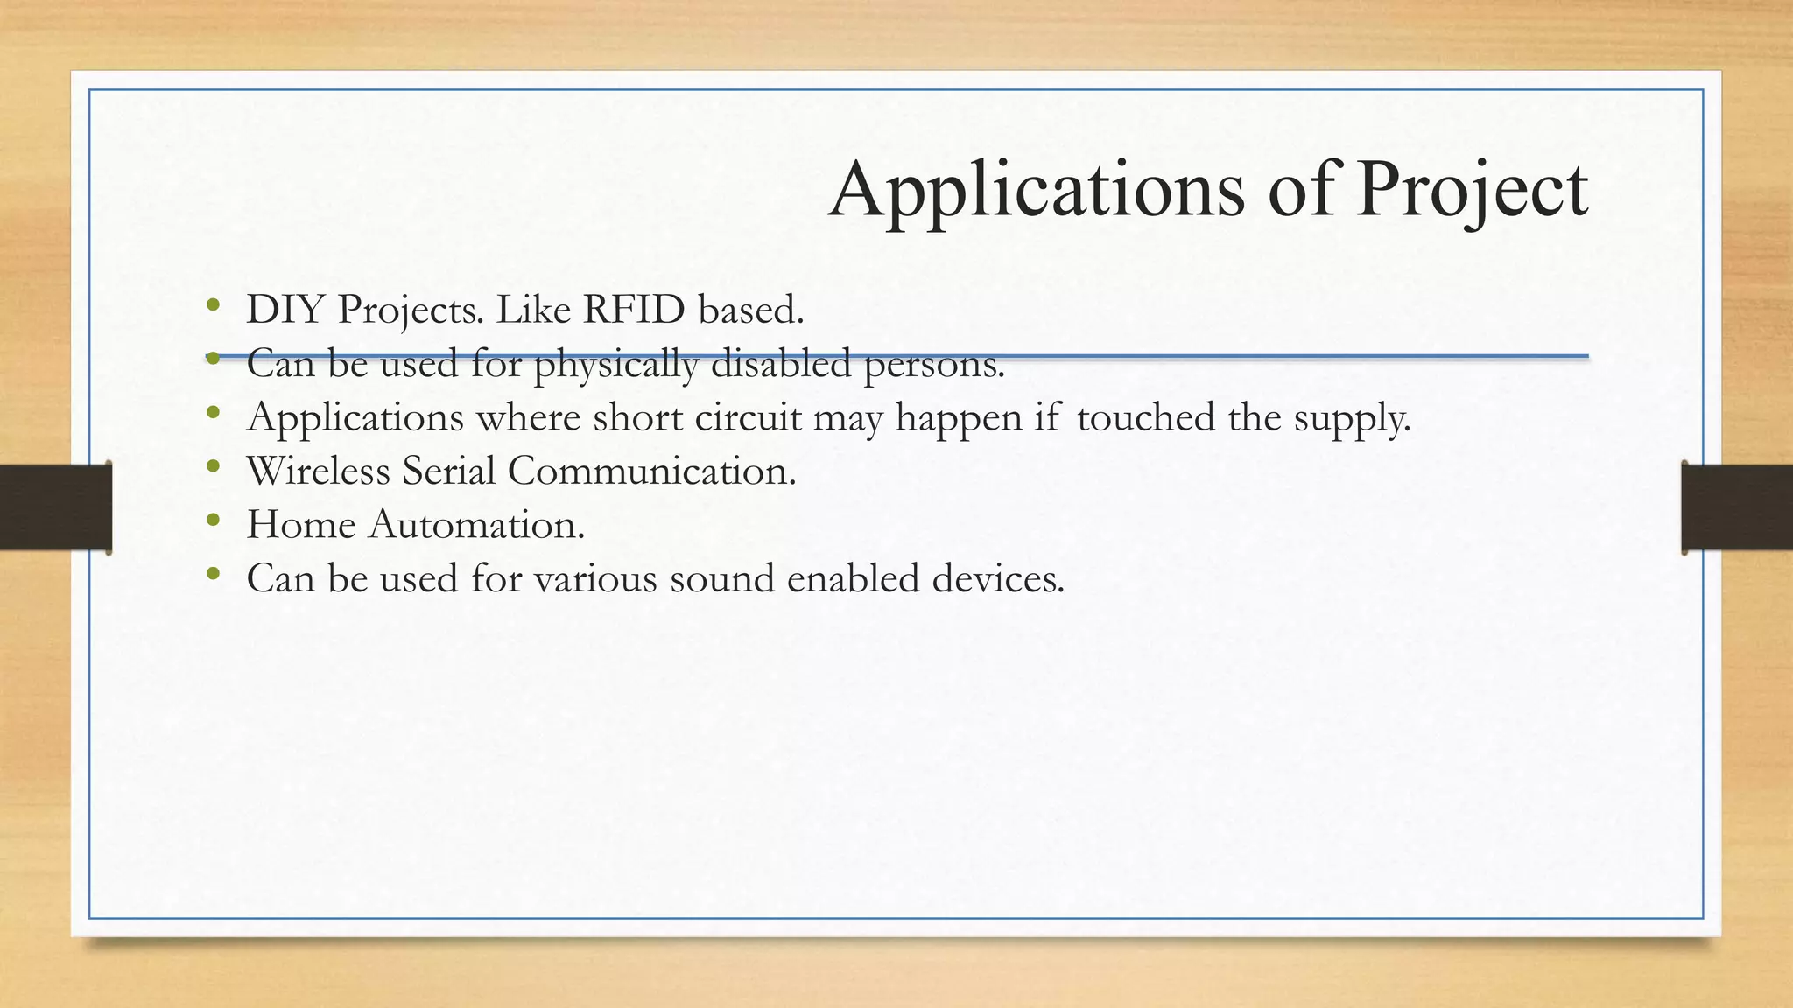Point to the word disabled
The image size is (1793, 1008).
pyautogui.click(x=780, y=364)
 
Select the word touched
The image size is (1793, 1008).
pyautogui.click(x=1145, y=417)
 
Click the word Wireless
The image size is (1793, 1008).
pyautogui.click(x=319, y=471)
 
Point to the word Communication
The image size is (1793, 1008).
pyautogui.click(x=651, y=471)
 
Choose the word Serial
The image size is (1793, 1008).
pyautogui.click(x=448, y=471)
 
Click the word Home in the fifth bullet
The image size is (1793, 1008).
pyautogui.click(x=301, y=525)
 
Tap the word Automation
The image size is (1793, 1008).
pyautogui.click(x=476, y=525)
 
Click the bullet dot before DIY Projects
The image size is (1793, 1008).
pyautogui.click(x=212, y=305)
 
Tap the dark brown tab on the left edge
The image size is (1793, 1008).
pyautogui.click(x=55, y=507)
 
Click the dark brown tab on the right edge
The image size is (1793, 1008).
pyautogui.click(x=1737, y=507)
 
